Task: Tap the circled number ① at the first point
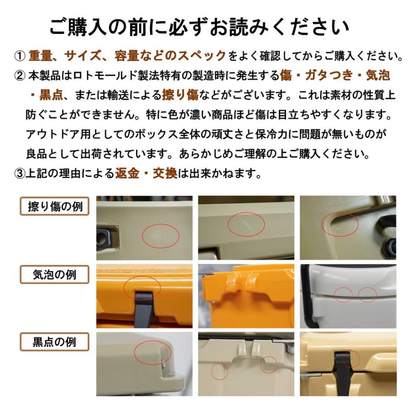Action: click(20, 56)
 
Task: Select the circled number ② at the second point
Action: click(20, 76)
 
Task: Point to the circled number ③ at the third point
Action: click(20, 174)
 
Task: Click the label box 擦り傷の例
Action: click(55, 207)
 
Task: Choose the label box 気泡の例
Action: click(55, 274)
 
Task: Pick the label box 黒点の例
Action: click(55, 342)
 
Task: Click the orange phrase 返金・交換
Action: click(146, 173)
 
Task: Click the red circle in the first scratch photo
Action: click(161, 235)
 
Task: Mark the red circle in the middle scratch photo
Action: click(246, 223)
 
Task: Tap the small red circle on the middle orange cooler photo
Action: click(234, 288)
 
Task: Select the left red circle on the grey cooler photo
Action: click(344, 295)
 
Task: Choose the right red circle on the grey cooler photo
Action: click(367, 295)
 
